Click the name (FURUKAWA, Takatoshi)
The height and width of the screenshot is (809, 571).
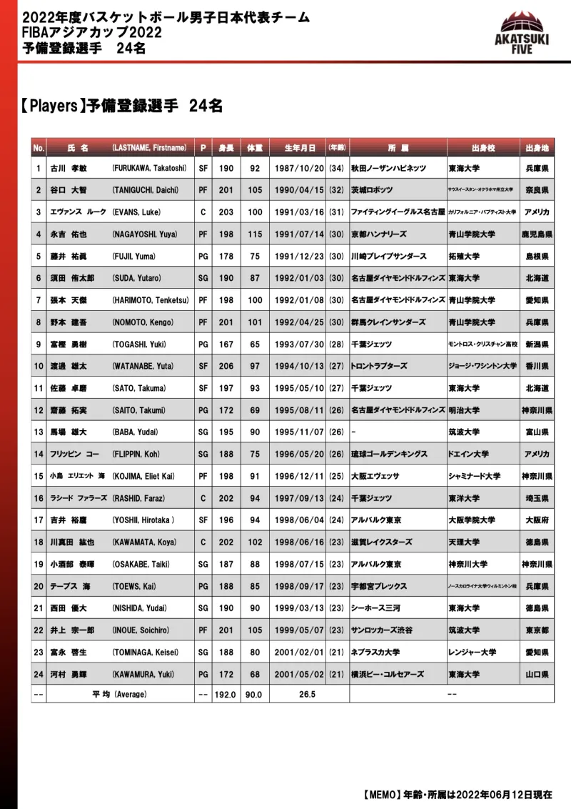pos(148,169)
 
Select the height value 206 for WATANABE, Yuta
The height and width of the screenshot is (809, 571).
pos(226,367)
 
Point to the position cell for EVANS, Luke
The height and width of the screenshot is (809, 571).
pos(203,212)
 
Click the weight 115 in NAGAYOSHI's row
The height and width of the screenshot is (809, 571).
pos(254,234)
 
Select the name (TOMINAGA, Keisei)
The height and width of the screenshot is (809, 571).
pos(145,652)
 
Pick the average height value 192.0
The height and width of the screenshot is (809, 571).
pos(226,695)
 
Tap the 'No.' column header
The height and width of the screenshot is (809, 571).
pos(39,147)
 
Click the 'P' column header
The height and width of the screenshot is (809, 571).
pos(203,147)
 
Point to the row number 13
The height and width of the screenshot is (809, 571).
pos(39,432)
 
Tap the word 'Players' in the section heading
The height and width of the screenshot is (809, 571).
pos(54,106)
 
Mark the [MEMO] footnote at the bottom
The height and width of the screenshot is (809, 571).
pos(457,795)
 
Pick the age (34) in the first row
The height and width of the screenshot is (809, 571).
pos(336,169)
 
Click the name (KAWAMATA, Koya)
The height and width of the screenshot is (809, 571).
pos(143,542)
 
